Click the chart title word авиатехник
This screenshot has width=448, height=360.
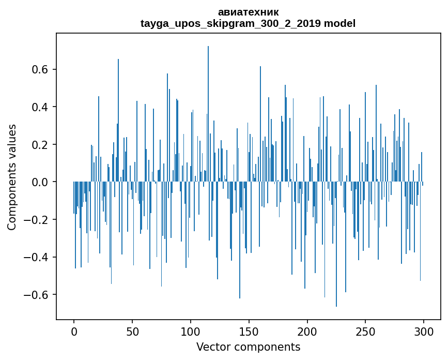click(248, 12)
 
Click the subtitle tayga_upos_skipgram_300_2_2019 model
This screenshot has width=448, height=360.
click(248, 23)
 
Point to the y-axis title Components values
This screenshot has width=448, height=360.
click(12, 177)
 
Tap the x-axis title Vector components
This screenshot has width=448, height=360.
click(248, 347)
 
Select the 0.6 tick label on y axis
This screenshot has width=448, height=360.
click(40, 70)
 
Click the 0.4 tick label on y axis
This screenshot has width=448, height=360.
click(40, 107)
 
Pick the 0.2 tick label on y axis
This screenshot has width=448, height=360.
click(40, 145)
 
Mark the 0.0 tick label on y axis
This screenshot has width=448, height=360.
click(40, 182)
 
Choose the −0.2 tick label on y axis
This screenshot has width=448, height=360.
click(37, 220)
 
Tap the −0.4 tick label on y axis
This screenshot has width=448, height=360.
click(37, 257)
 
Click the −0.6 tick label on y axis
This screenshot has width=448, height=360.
click(37, 295)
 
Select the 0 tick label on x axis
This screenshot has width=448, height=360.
click(74, 331)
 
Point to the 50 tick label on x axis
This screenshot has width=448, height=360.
click(132, 331)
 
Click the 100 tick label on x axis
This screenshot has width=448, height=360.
click(191, 331)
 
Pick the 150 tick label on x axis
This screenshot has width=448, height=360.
click(249, 331)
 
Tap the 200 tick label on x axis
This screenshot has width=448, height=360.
click(307, 331)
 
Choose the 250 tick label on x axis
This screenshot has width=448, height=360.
click(365, 331)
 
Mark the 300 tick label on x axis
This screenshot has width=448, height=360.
click(424, 331)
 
